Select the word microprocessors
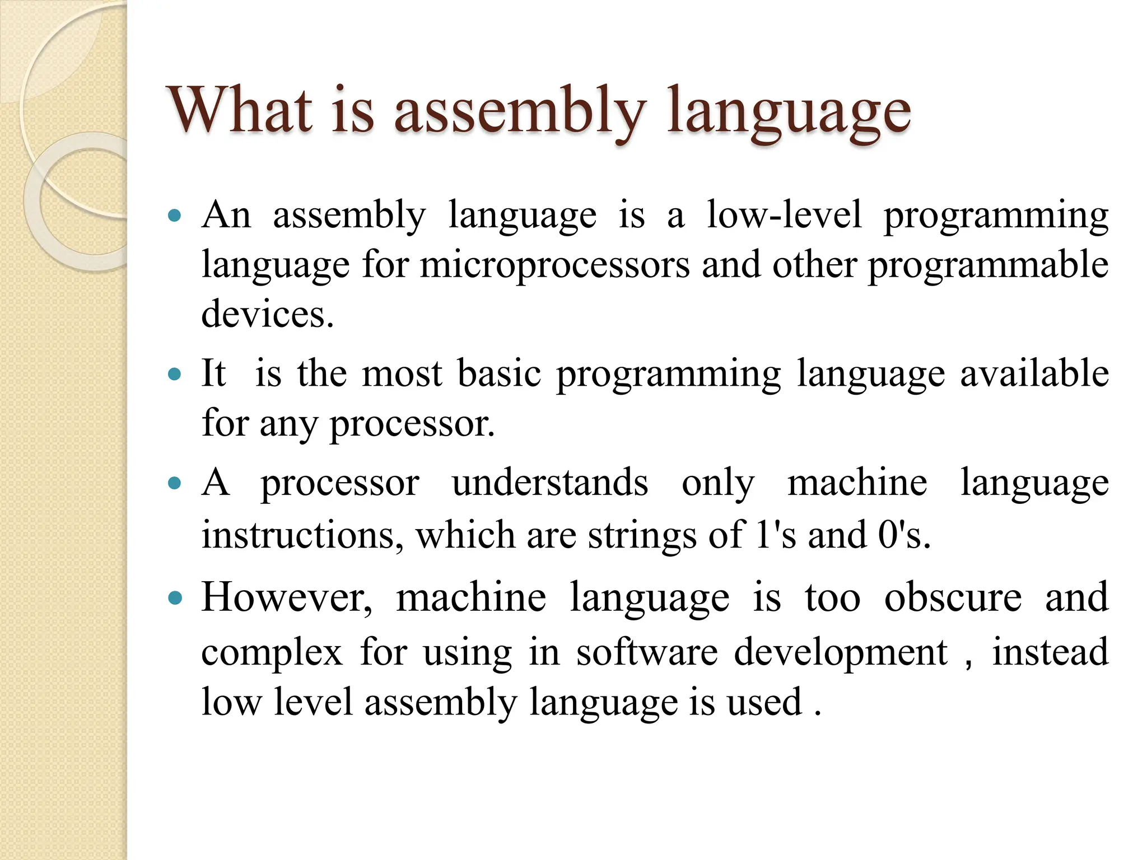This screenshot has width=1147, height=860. [554, 265]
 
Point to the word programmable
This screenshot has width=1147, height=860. [988, 266]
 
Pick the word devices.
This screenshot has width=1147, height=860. [267, 314]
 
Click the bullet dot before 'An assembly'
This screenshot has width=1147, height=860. [175, 216]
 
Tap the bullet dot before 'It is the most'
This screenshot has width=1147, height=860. [175, 373]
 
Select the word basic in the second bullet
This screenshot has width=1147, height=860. [499, 373]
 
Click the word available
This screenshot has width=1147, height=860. [1034, 373]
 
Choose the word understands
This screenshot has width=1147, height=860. [550, 483]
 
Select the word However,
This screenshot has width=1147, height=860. [286, 597]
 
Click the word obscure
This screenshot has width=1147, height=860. [953, 597]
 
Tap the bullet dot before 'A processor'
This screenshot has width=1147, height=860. [175, 483]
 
